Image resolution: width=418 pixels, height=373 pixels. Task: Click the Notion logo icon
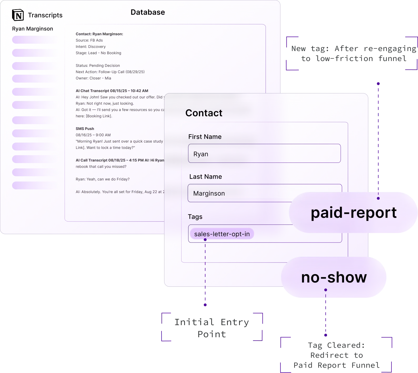18,15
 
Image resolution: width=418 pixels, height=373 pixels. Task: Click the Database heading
148,12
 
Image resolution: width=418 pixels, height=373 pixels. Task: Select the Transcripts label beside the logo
45,15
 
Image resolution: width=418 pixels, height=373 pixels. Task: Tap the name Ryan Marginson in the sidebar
32,29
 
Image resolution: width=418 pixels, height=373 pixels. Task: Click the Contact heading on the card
204,113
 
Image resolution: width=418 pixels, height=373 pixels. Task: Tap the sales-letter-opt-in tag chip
222,234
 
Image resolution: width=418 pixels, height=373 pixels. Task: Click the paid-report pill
353,213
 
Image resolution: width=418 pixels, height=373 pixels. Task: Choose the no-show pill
334,277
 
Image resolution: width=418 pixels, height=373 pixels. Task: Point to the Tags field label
195,217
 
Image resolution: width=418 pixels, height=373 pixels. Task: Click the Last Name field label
205,177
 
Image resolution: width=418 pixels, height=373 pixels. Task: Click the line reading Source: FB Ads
89,40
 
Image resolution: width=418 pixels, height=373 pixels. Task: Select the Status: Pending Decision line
98,65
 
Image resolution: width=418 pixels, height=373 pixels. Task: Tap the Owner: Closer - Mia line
93,78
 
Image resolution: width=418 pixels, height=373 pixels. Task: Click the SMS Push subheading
85,129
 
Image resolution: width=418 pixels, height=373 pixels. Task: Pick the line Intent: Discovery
90,47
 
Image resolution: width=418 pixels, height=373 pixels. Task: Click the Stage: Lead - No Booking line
98,53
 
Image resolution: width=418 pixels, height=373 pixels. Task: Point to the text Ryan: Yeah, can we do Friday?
103,179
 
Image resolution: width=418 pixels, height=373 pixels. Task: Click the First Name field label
205,137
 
